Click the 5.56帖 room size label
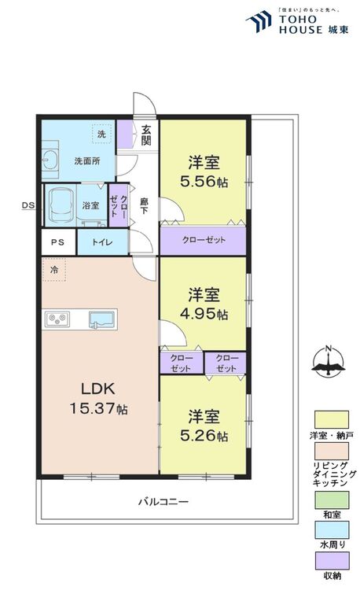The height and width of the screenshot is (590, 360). click(204, 182)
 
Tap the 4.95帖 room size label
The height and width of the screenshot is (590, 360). click(204, 313)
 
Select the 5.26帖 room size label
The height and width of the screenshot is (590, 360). click(204, 435)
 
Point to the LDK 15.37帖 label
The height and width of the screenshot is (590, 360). click(98, 399)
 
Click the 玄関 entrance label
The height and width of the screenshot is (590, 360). click(146, 135)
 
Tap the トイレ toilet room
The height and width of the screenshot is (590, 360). click(102, 242)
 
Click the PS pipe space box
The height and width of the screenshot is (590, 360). click(58, 242)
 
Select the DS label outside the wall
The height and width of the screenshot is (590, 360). click(28, 205)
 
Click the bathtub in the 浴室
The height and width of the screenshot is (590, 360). click(61, 205)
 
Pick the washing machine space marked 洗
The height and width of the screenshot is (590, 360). click(102, 134)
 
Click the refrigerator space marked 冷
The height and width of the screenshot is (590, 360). click(54, 269)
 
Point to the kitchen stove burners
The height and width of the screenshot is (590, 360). click(57, 319)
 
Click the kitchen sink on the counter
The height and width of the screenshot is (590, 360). click(101, 320)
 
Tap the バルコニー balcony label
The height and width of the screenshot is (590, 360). click(163, 502)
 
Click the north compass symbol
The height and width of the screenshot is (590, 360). click(329, 362)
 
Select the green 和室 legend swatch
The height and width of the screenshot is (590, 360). click(332, 500)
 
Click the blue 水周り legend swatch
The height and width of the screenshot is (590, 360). click(332, 529)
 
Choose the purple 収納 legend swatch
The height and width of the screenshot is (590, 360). click(332, 561)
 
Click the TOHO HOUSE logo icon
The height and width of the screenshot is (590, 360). click(259, 21)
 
